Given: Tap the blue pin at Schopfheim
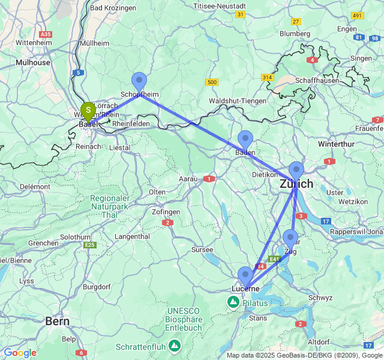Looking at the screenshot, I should pos(139,82).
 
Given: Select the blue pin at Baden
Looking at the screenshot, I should pos(245,140).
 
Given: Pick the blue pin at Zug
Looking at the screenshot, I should pos(290,239).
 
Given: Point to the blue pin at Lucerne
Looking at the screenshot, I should pos(245,277).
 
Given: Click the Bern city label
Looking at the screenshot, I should pos(58,322).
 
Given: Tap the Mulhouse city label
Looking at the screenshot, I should pos(33,62).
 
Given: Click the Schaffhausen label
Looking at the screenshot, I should pos(317,80).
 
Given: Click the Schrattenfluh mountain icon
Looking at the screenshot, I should pos(175,346).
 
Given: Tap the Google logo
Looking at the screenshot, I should pos(19,353).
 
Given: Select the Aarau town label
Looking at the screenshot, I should pos(189,179).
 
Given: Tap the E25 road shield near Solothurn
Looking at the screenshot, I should pos(90,245).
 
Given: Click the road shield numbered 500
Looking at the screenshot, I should pos(211,82).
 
